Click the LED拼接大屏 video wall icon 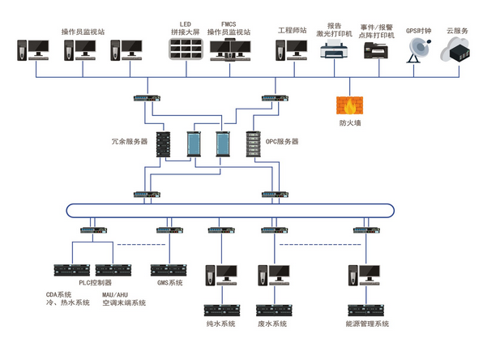tap(185, 49)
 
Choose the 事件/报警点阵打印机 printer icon tap(377, 51)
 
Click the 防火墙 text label tap(350, 123)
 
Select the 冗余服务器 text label tap(130, 141)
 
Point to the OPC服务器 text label tap(282, 141)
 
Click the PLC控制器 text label tap(96, 283)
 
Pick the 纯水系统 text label tap(220, 324)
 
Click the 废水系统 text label tap(273, 324)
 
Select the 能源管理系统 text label tap(367, 324)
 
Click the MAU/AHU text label tap(115, 294)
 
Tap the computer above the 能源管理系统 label tap(369, 274)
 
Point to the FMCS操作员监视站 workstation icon tap(229, 50)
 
